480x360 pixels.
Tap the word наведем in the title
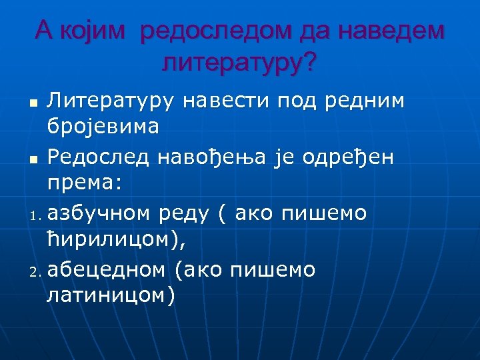[391, 31]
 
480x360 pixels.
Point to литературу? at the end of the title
[239, 63]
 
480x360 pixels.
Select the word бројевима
[103, 126]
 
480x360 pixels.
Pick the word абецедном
[106, 270]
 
